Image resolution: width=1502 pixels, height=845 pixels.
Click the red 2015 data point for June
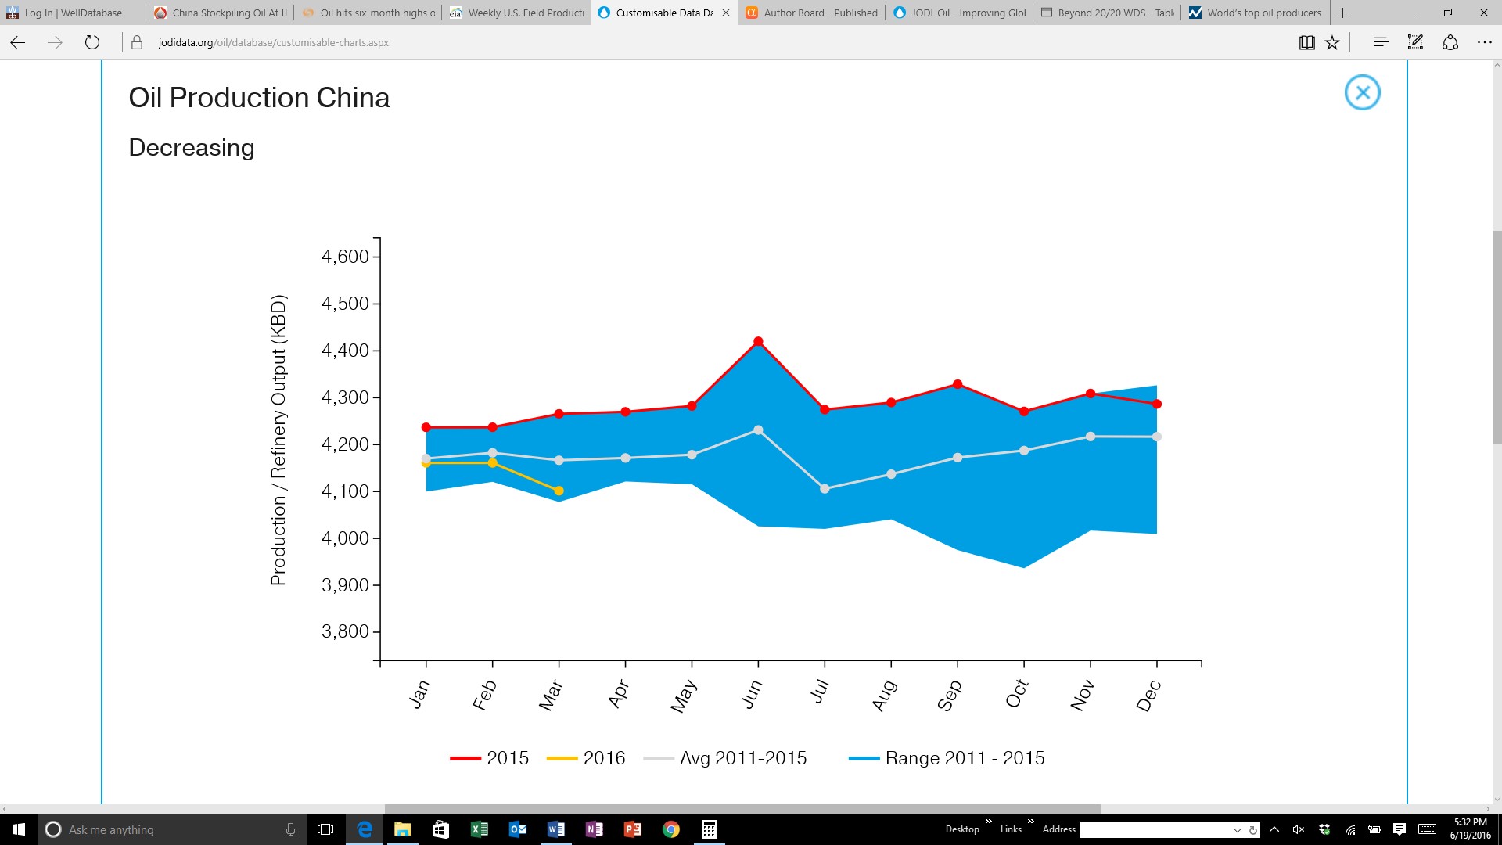pos(758,341)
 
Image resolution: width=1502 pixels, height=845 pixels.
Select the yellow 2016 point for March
pos(559,491)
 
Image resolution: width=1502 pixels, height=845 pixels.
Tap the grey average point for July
pos(825,488)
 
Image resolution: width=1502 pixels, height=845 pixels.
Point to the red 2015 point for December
pos(1157,404)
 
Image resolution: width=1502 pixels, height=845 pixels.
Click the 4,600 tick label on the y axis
pos(345,257)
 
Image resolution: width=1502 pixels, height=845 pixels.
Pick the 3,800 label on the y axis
pos(345,631)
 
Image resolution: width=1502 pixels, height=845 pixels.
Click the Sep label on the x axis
pos(949,695)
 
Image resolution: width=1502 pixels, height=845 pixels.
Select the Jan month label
pos(419,694)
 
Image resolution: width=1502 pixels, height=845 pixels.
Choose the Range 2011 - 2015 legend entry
pos(947,758)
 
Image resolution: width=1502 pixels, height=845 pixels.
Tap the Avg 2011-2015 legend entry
pos(725,758)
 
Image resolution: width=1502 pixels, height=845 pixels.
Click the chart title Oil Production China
pos(259,98)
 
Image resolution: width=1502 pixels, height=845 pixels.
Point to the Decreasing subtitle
pos(192,148)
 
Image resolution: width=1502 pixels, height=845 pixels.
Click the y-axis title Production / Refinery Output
pos(278,440)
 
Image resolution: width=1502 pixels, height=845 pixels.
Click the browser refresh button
pos(92,42)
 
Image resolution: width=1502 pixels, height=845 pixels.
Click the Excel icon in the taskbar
pos(479,829)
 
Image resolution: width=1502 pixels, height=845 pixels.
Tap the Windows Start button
pos(19,829)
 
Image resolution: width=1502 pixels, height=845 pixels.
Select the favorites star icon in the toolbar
pos(1332,42)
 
